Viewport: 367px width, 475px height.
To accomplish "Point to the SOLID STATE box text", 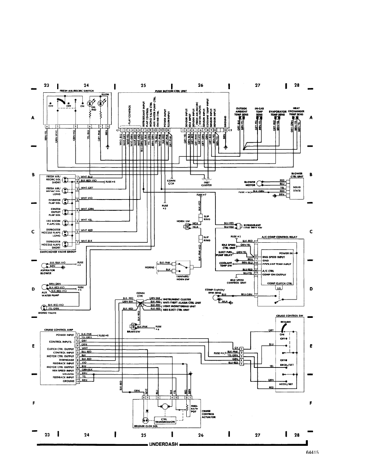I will (297, 189).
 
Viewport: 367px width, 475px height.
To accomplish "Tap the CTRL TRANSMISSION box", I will (165, 420).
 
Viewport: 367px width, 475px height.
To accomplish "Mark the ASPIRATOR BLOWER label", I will (48, 272).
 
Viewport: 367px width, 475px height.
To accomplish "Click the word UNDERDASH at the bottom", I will (164, 444).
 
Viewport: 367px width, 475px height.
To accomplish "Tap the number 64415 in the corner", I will (311, 453).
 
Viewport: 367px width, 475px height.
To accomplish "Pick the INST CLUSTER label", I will (207, 184).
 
